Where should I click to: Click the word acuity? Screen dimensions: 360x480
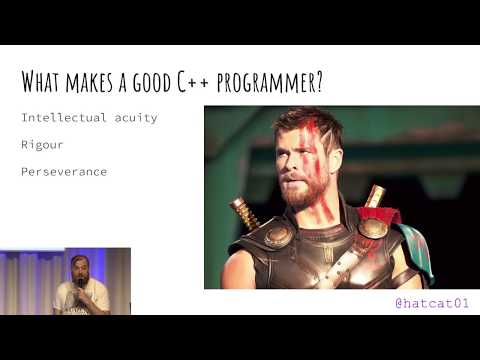[136, 119]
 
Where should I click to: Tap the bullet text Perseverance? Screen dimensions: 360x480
[65, 172]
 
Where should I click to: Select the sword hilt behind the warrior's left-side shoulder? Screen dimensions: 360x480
[243, 212]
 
